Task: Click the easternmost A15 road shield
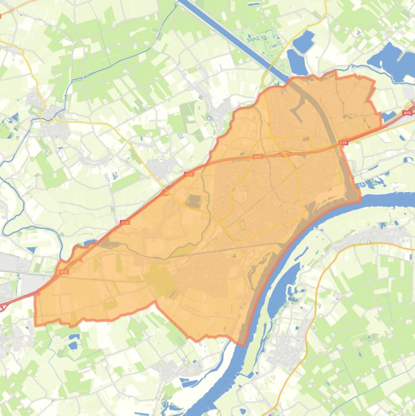click(407, 113)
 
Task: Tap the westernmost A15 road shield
click(64, 272)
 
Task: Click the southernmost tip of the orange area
click(241, 345)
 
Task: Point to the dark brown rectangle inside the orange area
click(193, 202)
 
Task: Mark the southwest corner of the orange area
click(36, 324)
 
